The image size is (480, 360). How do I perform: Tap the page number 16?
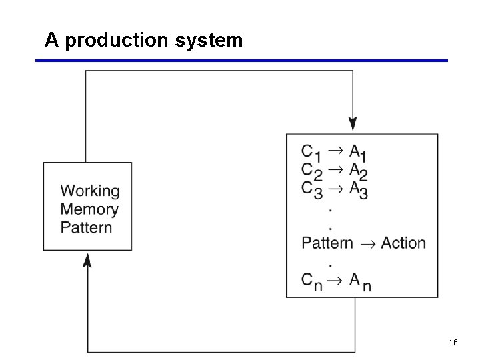453,343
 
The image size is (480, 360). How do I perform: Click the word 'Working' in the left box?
90,191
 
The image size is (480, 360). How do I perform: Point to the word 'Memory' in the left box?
89,209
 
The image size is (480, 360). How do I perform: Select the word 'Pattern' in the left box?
86,227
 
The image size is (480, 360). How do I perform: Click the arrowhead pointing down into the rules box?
353,124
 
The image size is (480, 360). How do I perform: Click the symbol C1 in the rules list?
311,153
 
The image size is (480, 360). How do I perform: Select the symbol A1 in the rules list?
359,153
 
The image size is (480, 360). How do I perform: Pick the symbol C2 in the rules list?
311,171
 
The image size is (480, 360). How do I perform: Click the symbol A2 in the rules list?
359,171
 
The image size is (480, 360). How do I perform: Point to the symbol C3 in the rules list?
311,190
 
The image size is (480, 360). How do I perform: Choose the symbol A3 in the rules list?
359,190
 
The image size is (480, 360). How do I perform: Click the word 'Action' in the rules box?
403,243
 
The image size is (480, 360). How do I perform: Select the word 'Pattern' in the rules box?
327,243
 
